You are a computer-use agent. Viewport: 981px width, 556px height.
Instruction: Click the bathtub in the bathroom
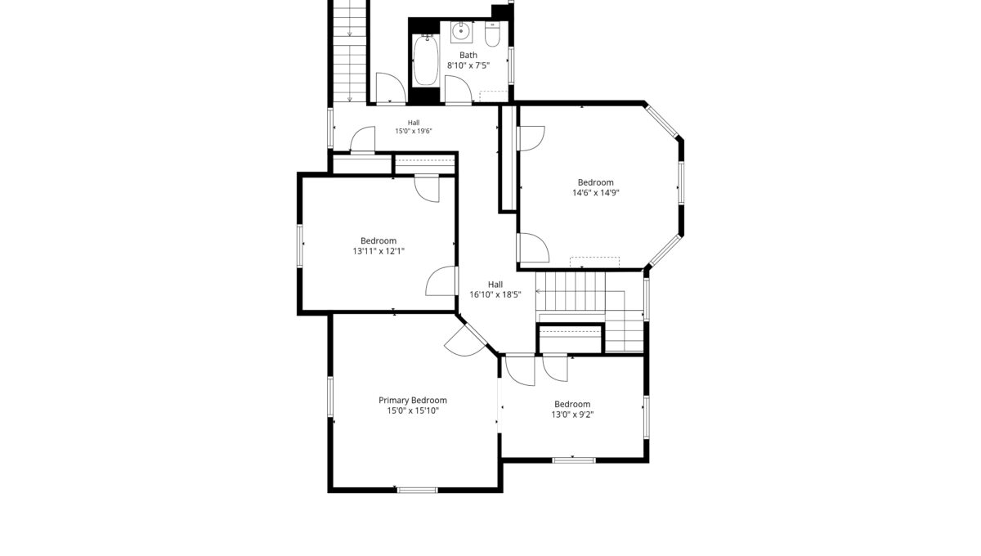click(x=426, y=61)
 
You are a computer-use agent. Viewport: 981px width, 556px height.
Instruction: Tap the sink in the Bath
click(x=461, y=32)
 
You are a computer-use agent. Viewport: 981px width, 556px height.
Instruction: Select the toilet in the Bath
click(x=492, y=34)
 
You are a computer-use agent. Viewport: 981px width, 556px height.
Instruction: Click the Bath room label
click(x=468, y=56)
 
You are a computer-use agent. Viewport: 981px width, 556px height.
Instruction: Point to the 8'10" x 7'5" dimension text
click(x=468, y=65)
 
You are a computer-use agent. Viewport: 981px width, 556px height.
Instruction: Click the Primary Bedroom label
click(x=413, y=400)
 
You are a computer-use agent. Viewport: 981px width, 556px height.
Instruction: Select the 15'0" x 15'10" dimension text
click(x=413, y=410)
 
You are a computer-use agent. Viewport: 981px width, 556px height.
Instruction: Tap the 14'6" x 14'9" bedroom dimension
click(x=596, y=193)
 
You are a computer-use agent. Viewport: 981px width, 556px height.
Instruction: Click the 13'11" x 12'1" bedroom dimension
click(x=379, y=251)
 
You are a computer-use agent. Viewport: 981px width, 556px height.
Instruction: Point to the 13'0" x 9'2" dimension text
click(x=572, y=415)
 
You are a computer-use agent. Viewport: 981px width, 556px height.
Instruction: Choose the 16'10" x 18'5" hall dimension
click(x=495, y=294)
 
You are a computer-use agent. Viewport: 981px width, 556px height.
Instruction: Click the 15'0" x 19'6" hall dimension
click(x=414, y=131)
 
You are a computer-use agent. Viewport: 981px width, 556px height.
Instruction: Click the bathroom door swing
click(x=458, y=89)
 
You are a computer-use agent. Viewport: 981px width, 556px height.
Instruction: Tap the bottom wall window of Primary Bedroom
click(x=418, y=490)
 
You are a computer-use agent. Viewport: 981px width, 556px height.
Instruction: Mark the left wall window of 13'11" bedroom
click(x=300, y=246)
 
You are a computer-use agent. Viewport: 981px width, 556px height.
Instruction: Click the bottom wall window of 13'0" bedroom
click(x=574, y=460)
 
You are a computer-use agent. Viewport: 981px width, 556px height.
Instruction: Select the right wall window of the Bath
click(x=511, y=65)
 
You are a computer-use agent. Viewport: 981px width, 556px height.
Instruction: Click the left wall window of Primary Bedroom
click(x=330, y=396)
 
